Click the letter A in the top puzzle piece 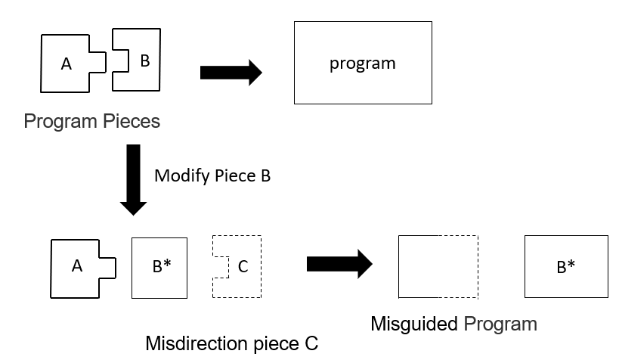[67, 64]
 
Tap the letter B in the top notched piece [145, 61]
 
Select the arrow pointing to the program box [231, 73]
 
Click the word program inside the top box [362, 64]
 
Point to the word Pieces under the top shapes [132, 121]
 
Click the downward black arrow [134, 180]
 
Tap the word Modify [182, 176]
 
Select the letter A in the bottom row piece [77, 266]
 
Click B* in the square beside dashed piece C [162, 266]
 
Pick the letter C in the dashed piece [243, 267]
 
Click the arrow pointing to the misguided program [339, 264]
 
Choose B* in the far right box [565, 267]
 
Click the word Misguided [414, 324]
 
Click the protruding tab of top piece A [97, 62]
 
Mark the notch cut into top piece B [120, 61]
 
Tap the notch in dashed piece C [221, 267]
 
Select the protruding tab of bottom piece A [107, 268]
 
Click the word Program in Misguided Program [500, 324]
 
